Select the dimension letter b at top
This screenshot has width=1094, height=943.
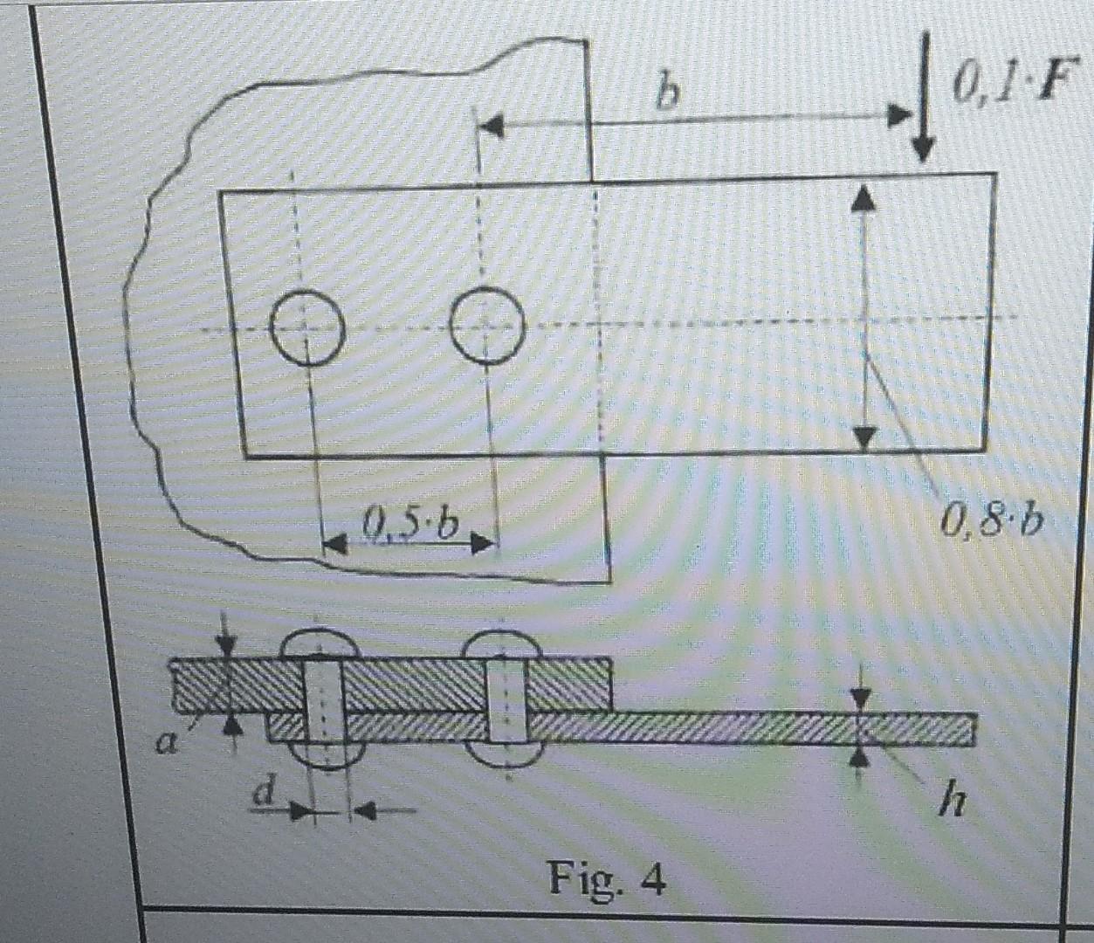667,95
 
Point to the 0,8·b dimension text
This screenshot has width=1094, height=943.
993,520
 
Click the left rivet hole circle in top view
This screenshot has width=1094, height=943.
306,327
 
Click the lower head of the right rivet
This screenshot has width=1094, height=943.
506,754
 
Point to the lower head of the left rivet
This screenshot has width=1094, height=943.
328,754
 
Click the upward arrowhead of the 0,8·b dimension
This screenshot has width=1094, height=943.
863,198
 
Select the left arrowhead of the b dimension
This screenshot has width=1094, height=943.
492,126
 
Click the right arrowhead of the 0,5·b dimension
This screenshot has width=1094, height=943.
481,543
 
